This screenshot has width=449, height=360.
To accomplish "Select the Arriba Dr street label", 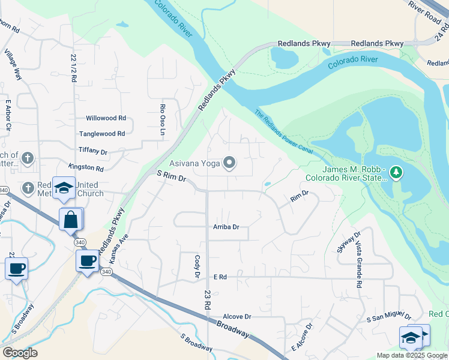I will (226, 227).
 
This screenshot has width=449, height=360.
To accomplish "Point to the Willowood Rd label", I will (106, 118).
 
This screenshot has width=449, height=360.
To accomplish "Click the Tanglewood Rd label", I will (102, 134).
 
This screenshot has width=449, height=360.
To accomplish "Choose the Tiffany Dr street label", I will (92, 152).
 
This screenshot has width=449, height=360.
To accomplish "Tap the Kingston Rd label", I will (86, 168).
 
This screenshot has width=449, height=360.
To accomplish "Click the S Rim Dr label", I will (172, 177).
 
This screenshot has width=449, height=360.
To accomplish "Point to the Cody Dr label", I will (197, 266).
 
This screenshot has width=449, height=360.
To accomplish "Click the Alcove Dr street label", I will (237, 316).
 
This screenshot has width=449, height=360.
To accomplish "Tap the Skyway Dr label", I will (348, 242).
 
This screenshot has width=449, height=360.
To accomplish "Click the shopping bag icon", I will (71, 220).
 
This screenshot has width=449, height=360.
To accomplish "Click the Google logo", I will (20, 353).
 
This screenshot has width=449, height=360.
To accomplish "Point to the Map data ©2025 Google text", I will (412, 355).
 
